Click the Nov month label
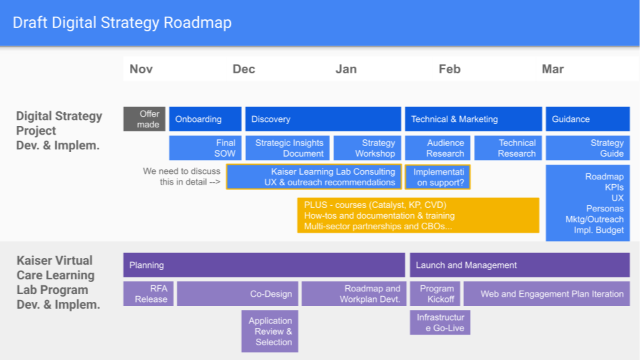141,69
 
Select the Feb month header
449,69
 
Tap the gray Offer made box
144,119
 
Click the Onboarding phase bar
205,119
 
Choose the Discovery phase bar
323,119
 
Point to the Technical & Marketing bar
473,119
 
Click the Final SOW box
205,148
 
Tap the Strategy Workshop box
367,148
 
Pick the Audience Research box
437,148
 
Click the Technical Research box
508,148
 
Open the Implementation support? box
437,177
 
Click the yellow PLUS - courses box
418,215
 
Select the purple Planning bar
264,265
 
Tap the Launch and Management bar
519,265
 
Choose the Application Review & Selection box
269,331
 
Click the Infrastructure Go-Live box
440,323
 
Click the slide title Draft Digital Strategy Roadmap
123,23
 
